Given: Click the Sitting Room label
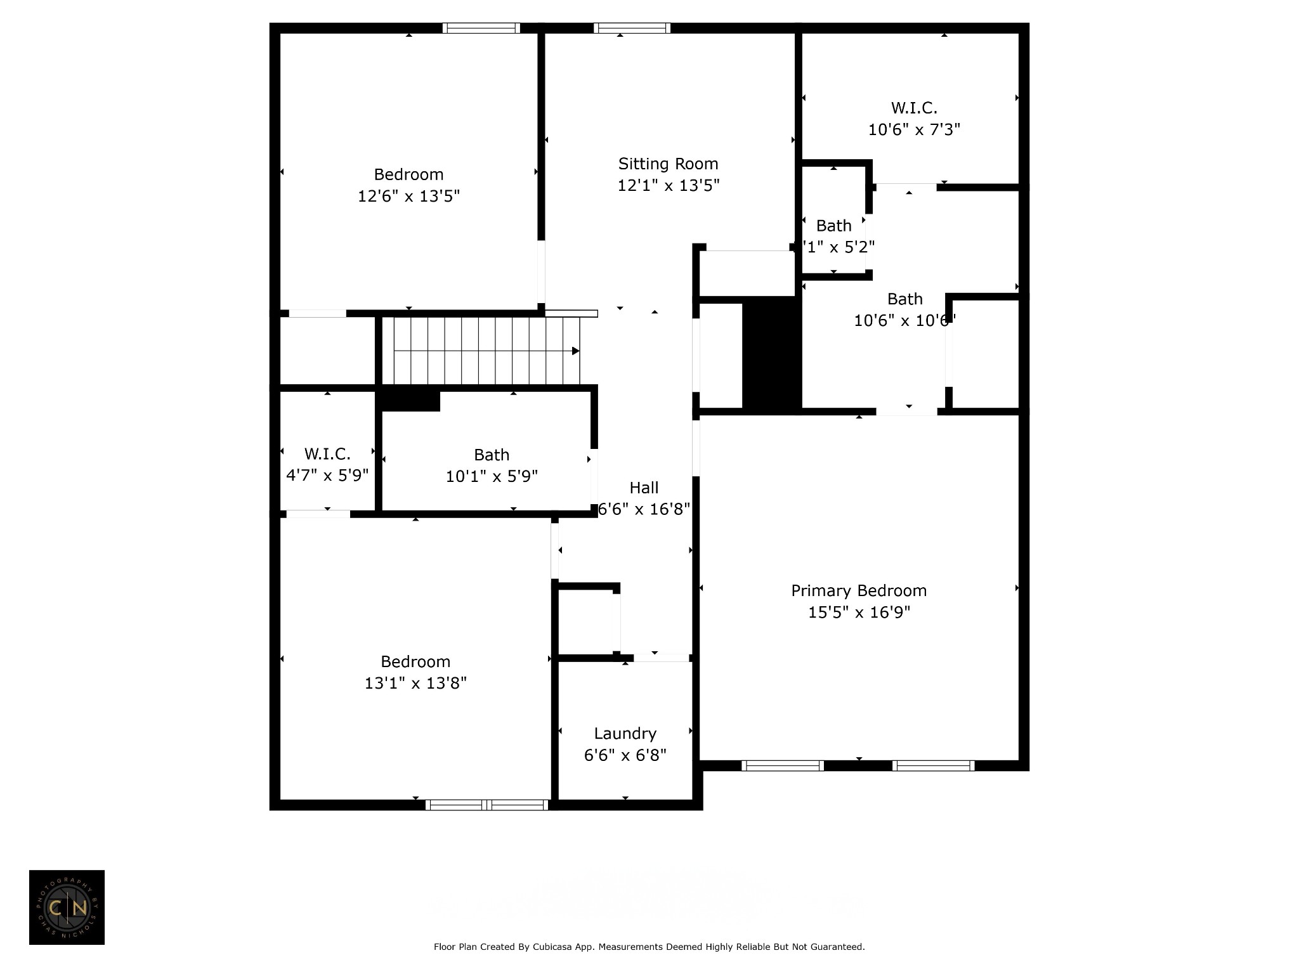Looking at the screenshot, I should [668, 164].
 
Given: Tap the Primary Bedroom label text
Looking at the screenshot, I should [858, 590].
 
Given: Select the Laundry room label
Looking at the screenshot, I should [625, 733].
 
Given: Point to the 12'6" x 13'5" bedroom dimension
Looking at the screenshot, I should [408, 196].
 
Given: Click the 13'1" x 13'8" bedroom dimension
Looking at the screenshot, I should [415, 683].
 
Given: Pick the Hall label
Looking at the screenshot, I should [644, 488].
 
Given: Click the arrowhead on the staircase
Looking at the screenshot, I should [575, 351].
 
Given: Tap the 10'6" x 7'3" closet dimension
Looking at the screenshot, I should [913, 129].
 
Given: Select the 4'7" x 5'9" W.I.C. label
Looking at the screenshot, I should [327, 454].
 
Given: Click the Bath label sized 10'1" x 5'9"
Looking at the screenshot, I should [492, 455].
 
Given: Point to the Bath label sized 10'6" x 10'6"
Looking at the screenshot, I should [904, 299].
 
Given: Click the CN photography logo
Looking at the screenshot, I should [67, 907].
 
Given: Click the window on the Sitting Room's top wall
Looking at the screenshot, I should [632, 28].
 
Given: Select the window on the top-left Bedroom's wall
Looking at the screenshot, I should [481, 28].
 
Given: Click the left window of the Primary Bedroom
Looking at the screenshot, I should [783, 765].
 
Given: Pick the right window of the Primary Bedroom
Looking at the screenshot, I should [933, 765].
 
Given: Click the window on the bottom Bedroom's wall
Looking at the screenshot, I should [486, 805].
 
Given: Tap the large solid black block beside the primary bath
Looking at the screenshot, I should [771, 355].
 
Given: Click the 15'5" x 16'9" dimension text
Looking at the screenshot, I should [858, 612].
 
